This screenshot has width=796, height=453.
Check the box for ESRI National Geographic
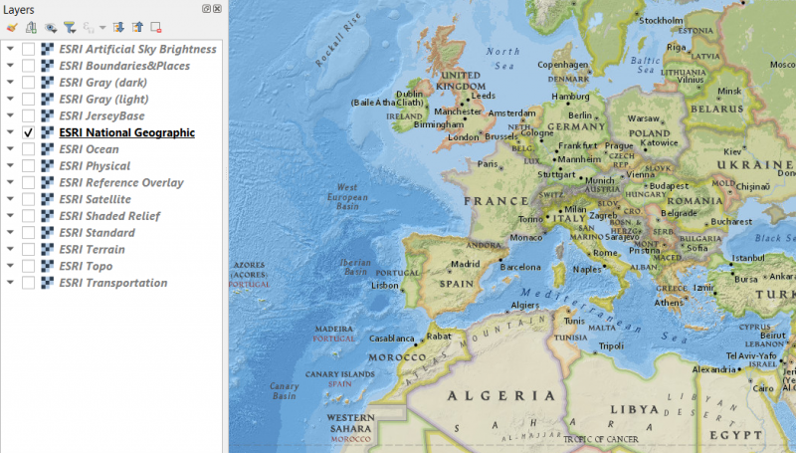29,132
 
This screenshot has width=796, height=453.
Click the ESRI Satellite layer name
95,199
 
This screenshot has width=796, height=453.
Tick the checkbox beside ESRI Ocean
29,149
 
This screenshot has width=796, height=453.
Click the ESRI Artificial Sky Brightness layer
137,49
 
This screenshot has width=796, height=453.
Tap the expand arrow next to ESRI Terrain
10,250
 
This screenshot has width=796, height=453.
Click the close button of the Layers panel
217,8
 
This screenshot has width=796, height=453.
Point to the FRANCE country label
495,200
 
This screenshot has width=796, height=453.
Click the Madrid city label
466,264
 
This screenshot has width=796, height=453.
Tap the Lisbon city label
384,285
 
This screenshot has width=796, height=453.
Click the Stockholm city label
661,21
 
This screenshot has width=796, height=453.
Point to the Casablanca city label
392,338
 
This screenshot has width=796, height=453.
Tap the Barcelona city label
519,267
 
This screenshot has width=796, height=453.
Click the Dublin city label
410,94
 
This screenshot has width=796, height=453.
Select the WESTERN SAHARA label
350,422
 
